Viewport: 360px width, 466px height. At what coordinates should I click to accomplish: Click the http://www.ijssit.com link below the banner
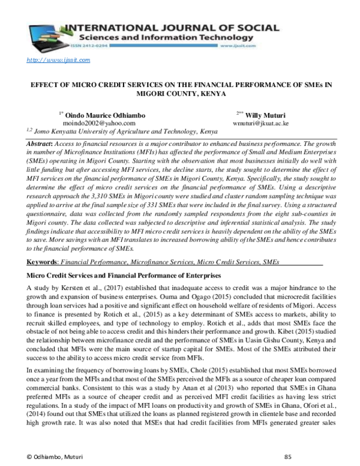58,59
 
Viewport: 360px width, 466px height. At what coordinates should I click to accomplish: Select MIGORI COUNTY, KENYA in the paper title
180,95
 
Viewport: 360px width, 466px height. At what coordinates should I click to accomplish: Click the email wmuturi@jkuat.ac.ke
261,123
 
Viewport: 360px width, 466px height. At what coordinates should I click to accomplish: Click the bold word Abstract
41,145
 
